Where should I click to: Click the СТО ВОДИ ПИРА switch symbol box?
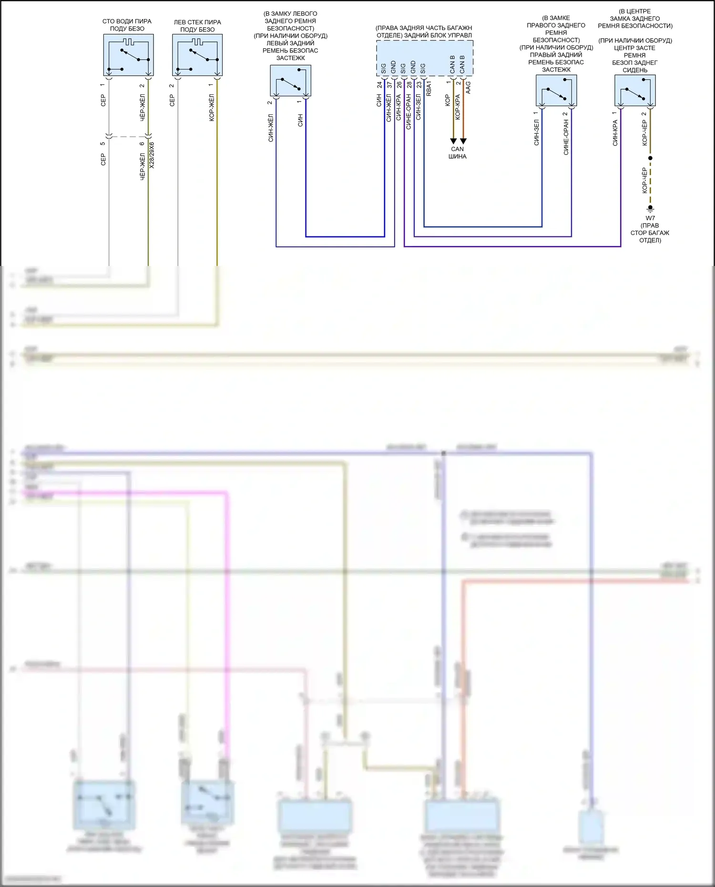(x=128, y=55)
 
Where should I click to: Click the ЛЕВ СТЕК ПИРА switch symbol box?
(x=197, y=55)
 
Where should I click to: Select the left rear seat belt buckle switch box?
(x=291, y=81)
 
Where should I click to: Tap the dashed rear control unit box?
(x=425, y=58)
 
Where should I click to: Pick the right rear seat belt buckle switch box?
(x=556, y=91)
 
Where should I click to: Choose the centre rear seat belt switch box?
(x=635, y=91)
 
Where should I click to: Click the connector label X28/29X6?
(x=152, y=155)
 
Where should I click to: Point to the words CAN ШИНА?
(x=458, y=153)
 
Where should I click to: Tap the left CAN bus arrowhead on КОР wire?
(x=453, y=141)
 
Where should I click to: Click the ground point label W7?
(x=650, y=218)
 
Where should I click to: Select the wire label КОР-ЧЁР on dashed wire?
(x=645, y=180)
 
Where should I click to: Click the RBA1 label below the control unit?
(x=429, y=89)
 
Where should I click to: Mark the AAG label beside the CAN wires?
(x=468, y=87)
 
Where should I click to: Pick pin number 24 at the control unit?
(x=379, y=85)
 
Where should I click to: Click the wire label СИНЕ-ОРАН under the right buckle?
(x=566, y=137)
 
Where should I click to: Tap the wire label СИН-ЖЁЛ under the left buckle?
(x=271, y=128)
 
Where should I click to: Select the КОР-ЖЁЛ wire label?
(x=212, y=108)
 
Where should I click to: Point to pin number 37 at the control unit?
(x=389, y=85)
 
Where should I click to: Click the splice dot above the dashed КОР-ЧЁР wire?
(x=650, y=158)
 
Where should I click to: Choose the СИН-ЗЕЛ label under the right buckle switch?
(x=537, y=133)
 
